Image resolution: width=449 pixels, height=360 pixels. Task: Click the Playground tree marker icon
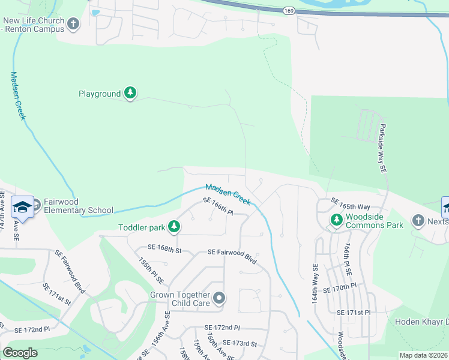click(130, 93)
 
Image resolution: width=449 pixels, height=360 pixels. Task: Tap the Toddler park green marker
click(174, 226)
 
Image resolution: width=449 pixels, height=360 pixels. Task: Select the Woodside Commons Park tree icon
click(336, 221)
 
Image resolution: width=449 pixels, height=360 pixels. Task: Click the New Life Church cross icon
click(73, 24)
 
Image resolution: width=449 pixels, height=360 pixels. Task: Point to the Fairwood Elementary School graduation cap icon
click(22, 206)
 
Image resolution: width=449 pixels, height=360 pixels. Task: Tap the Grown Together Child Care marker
click(220, 298)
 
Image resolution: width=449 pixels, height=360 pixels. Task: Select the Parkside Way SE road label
click(382, 149)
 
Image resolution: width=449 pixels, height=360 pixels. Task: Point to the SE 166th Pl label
click(218, 207)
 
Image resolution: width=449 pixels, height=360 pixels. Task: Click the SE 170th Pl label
click(340, 289)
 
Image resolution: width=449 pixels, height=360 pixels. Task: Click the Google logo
click(20, 353)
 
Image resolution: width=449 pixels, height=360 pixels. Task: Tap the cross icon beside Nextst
click(418, 221)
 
